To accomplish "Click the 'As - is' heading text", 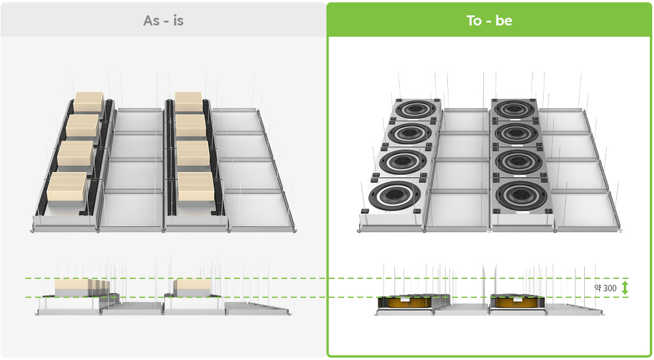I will [x=163, y=21].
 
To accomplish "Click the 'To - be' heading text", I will [x=489, y=21].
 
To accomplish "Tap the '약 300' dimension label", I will [x=605, y=288].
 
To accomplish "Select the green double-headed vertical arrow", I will [x=624, y=288].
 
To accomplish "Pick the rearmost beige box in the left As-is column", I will [x=89, y=102].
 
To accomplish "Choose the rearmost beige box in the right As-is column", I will [x=188, y=102].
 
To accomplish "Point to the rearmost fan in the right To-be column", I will [x=514, y=110].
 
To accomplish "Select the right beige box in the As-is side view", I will [x=192, y=288].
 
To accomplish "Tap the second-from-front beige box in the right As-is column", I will [x=193, y=153].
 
